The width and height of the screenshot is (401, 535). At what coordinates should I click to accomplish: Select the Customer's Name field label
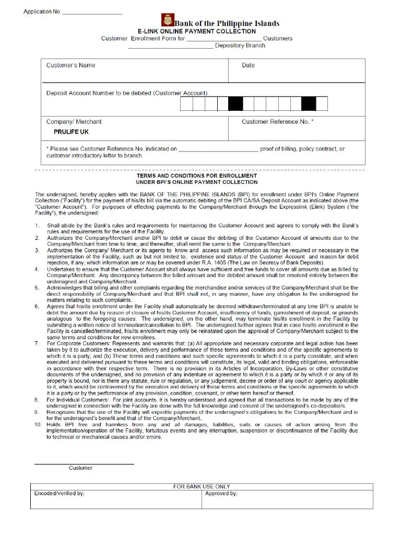(70, 65)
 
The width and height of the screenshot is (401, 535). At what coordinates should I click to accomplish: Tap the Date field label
(248, 65)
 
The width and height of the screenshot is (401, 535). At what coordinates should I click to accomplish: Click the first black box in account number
(235, 104)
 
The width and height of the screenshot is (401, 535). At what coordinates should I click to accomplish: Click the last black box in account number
(309, 104)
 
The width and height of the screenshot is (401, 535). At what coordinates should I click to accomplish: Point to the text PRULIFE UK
(71, 132)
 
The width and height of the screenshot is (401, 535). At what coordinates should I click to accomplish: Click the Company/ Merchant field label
(74, 122)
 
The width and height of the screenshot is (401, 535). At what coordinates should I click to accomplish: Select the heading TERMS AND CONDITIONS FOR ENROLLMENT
(196, 176)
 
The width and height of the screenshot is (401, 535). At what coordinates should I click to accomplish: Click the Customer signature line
(84, 463)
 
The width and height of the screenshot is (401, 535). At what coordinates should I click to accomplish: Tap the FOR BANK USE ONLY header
(202, 486)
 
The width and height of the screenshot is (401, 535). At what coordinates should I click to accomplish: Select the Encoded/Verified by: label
(59, 493)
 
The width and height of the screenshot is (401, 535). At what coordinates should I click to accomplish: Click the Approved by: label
(221, 493)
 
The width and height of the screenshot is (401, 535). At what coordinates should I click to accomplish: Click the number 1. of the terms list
(37, 226)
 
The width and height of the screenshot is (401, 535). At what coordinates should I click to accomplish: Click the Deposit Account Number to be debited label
(126, 93)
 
